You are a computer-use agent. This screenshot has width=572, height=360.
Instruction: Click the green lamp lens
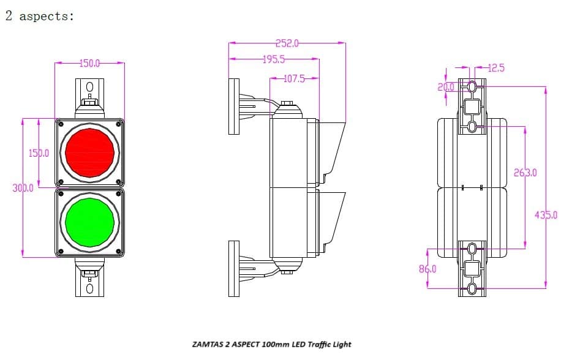[90, 220]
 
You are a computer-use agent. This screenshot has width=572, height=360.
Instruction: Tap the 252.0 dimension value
[287, 43]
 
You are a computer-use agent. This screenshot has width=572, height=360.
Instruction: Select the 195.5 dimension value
[274, 59]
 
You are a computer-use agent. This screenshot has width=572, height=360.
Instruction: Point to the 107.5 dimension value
[294, 79]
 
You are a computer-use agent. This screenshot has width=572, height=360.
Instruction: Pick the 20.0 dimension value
[446, 87]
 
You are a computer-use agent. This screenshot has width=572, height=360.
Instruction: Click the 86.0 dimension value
[427, 269]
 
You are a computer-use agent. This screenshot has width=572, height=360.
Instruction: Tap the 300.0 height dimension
[23, 188]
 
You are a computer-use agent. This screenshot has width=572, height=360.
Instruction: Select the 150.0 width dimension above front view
[89, 63]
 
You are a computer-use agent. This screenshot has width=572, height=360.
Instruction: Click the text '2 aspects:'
[39, 17]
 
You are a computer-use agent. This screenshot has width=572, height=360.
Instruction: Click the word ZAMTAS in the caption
[208, 344]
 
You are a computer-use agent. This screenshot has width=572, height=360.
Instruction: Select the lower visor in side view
[332, 217]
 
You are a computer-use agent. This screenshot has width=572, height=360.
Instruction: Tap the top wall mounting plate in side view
[233, 106]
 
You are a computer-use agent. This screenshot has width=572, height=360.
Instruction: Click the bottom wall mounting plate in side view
[233, 268]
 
